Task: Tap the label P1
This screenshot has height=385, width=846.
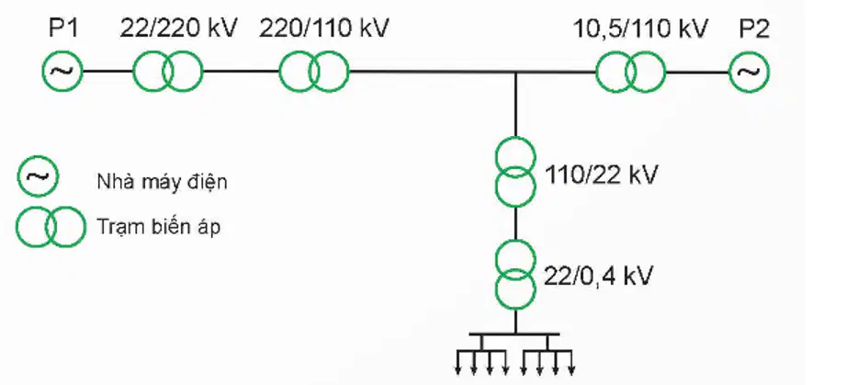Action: (x=63, y=28)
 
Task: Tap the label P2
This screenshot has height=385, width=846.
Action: (x=754, y=28)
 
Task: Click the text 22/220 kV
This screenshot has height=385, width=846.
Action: (x=178, y=28)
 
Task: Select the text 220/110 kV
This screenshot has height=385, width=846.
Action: (x=323, y=28)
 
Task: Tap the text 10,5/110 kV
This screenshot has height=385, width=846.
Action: (x=639, y=28)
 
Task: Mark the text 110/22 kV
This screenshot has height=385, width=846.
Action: (x=601, y=175)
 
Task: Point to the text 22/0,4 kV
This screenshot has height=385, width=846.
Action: (x=597, y=276)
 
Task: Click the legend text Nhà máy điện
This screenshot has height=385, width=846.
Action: (x=162, y=183)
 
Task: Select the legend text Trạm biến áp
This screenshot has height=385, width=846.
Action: (x=159, y=227)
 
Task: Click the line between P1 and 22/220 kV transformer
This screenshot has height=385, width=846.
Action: (x=107, y=71)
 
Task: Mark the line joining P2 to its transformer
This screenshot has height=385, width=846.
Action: (x=697, y=72)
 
